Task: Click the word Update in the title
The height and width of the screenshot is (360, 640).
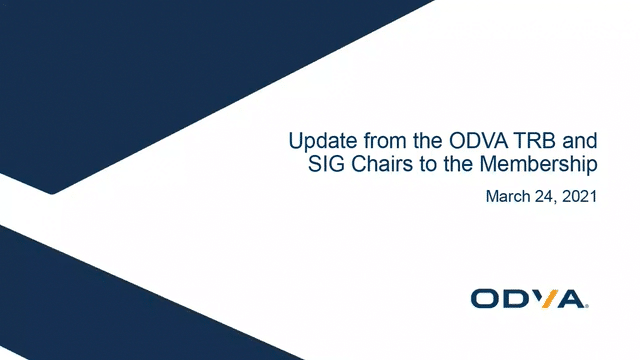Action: [x=314, y=140]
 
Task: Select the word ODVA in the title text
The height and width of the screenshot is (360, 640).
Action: [x=456, y=140]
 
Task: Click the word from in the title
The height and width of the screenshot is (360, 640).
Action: [x=371, y=140]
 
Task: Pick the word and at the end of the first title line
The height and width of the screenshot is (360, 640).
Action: [x=579, y=140]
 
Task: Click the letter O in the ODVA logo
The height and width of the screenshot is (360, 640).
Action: [x=486, y=298]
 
